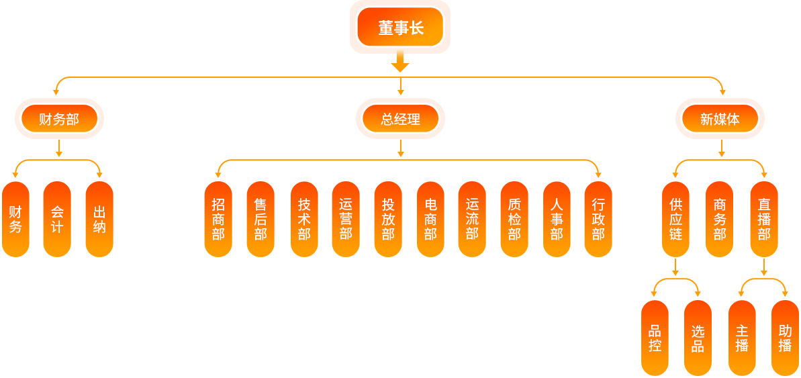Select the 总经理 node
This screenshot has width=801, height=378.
400,120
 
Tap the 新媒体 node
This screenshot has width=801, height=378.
720,120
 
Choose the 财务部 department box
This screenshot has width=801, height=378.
59,120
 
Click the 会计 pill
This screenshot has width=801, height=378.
57,219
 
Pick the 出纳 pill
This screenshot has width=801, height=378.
99,219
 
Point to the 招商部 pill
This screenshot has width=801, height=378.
218,219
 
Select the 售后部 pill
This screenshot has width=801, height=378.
261,219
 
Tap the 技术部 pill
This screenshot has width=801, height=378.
304,219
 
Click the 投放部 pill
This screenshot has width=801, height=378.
388,219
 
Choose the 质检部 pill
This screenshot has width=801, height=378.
514,219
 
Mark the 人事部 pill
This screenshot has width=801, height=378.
557,219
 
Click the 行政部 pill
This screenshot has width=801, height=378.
598,219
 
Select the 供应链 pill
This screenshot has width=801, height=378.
675,219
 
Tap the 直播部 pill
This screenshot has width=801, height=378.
764,219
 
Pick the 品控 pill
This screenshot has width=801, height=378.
655,338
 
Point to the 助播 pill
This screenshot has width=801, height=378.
785,338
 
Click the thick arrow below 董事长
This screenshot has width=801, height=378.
400,63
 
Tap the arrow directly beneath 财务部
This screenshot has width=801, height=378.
59,148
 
